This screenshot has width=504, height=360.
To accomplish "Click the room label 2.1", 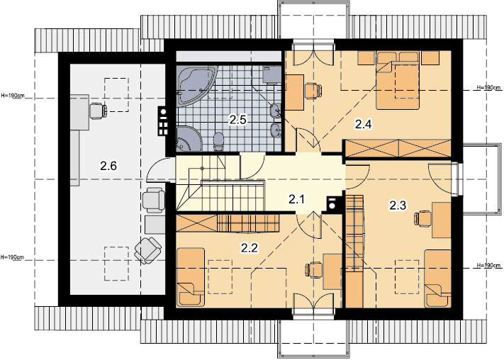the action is coord(296,200).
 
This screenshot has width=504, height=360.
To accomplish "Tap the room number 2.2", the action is coord(249,248).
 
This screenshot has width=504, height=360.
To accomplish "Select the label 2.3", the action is coord(398,205).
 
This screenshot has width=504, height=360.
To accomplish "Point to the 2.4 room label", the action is coord(363,124).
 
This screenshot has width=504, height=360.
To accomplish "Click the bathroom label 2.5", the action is coord(237,120).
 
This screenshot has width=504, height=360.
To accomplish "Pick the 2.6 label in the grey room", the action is coord(108,166).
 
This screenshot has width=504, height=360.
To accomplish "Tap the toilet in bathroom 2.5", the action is coord(219,142).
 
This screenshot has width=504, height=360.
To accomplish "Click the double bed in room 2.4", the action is coord(398,80).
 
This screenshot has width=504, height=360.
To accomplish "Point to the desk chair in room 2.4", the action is coord(313,90).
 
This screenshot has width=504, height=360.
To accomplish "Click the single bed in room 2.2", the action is coord(190,277).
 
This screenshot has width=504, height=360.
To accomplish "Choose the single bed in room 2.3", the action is coord(437,279).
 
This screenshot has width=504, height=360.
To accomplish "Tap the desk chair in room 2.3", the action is coord(422,219).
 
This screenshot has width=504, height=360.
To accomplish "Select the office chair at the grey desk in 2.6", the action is coord(98,111).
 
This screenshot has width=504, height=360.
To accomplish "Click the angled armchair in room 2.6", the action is coord(148,250).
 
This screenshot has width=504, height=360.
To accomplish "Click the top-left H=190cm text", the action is coord(12,96).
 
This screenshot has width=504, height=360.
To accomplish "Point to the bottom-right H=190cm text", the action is coord(488,265).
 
